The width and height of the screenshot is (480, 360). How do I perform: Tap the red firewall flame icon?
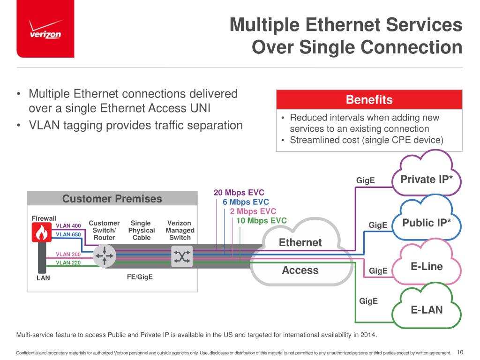(x=41, y=232)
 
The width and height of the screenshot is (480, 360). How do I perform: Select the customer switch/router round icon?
(x=104, y=256)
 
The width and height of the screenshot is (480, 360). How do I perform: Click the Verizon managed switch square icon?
(x=182, y=256)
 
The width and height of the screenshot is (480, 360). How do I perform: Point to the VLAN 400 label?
(x=68, y=226)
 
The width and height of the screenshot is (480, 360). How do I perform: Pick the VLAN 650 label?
(x=68, y=234)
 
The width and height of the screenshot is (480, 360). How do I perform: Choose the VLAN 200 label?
(x=68, y=255)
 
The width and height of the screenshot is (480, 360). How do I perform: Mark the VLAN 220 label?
(x=68, y=262)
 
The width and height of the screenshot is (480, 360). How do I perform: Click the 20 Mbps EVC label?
(x=239, y=193)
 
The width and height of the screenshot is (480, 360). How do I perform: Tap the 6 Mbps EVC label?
(x=246, y=202)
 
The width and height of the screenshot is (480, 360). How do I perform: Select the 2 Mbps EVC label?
(x=253, y=211)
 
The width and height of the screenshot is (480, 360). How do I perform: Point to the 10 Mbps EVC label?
(x=261, y=220)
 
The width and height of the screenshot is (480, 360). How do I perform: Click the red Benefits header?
(x=369, y=100)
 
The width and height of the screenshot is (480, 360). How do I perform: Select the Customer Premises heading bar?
(x=112, y=199)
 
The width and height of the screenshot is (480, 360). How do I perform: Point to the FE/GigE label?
(x=140, y=277)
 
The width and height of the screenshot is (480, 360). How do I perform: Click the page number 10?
(x=459, y=352)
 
